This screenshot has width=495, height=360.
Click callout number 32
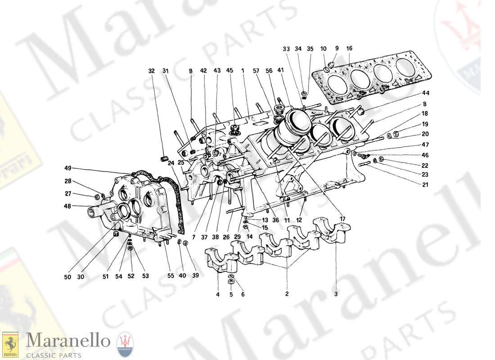coord(151,71)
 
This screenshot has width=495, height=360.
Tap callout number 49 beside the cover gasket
coord(67,168)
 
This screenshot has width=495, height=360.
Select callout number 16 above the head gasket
coord(349,49)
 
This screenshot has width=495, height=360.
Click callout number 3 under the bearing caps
coord(335,294)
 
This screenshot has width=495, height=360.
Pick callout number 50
coord(67,277)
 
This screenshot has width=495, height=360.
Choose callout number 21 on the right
coord(425,184)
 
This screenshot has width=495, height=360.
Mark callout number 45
coord(230,71)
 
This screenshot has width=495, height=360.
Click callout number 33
coord(287,49)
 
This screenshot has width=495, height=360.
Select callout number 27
coord(68,194)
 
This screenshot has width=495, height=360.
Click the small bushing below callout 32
coord(164,158)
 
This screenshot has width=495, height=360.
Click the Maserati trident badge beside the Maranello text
coord(125,345)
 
